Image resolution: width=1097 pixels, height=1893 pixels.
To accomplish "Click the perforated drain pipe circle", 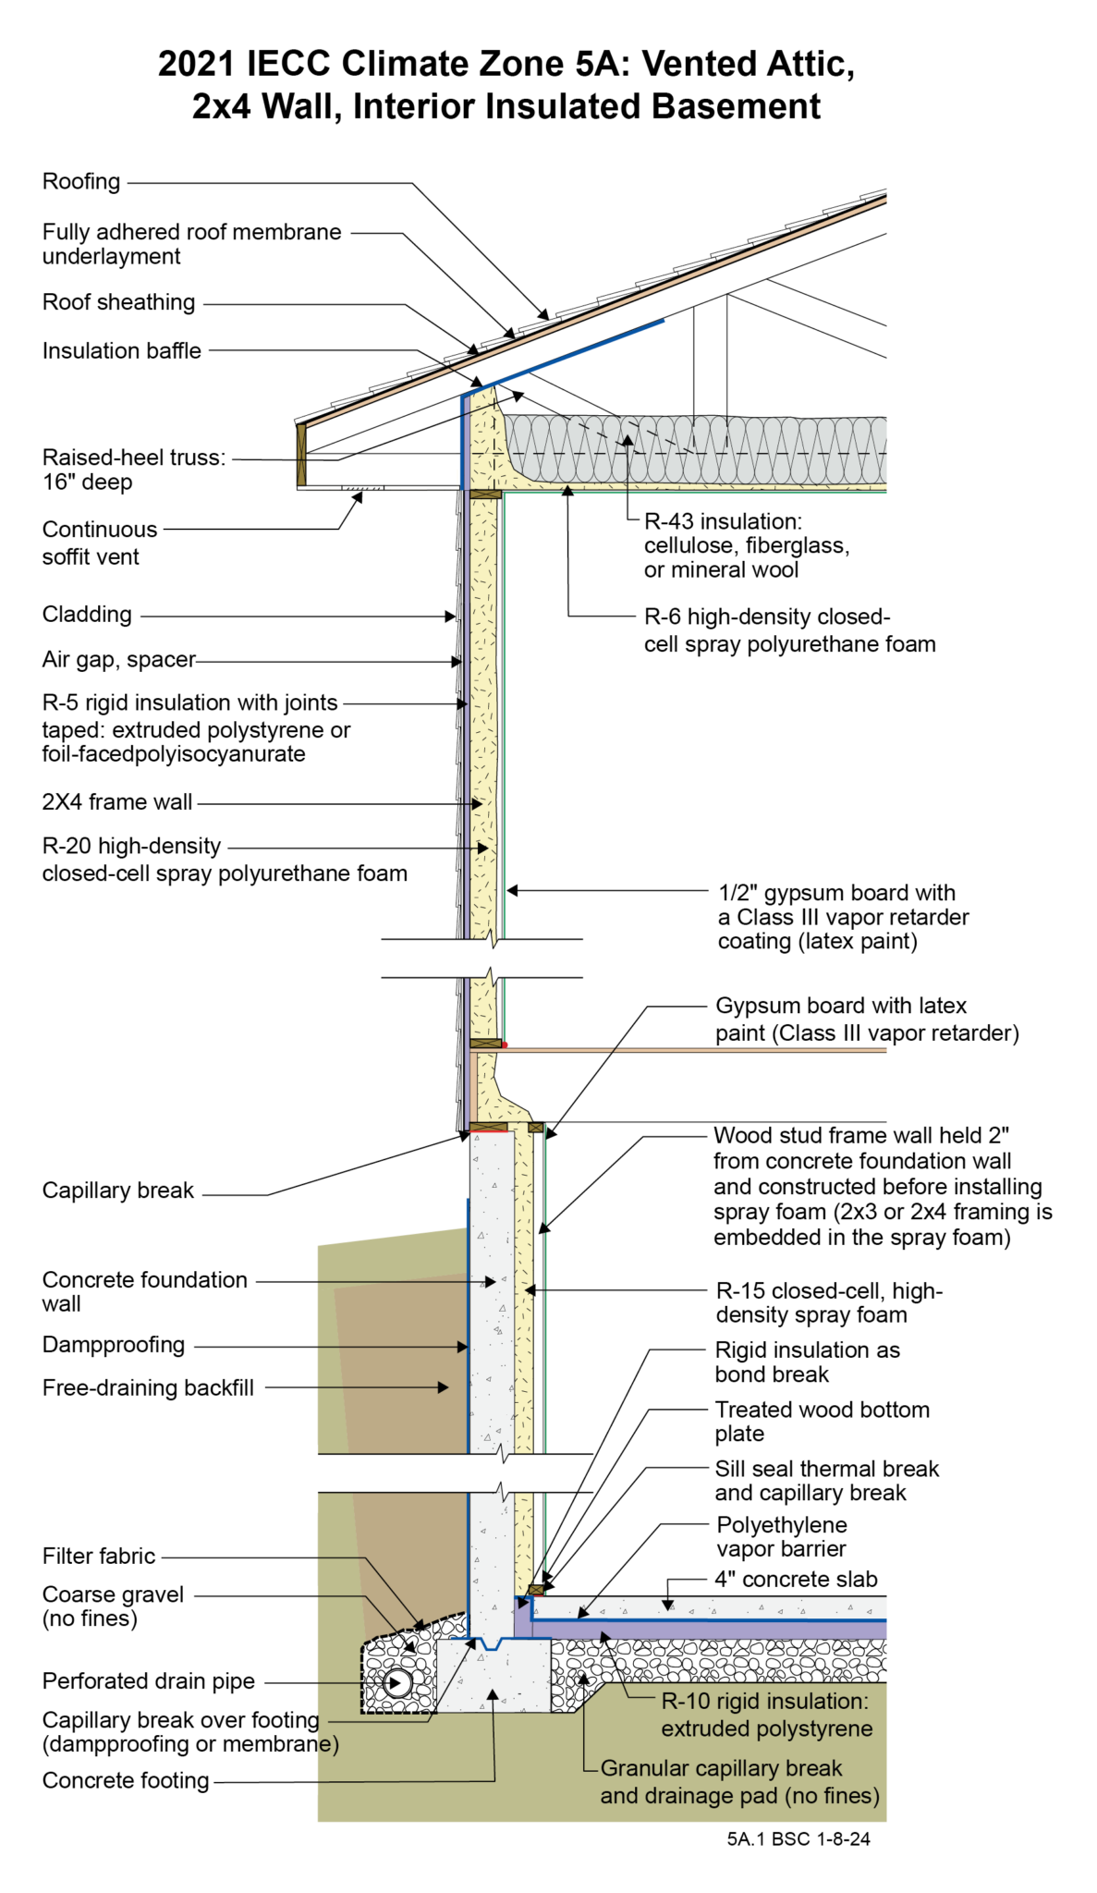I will click(398, 1682).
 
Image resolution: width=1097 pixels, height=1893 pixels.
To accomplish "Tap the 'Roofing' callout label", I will click(81, 182).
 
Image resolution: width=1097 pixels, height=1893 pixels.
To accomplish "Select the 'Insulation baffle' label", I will click(121, 351).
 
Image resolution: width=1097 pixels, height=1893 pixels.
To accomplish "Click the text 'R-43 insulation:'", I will click(723, 521).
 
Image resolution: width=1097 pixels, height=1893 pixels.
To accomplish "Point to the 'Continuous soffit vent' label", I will click(99, 543).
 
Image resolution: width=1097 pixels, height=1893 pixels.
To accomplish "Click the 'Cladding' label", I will click(87, 615).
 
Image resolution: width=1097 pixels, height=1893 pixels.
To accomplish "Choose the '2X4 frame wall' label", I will click(117, 802).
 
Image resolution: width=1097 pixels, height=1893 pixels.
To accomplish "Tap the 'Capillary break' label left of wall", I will click(117, 1191).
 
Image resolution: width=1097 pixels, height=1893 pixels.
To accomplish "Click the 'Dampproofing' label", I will click(114, 1345).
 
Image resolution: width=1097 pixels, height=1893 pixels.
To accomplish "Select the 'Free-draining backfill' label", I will click(148, 1388).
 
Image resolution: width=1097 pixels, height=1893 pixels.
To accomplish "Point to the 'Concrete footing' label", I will click(126, 1780).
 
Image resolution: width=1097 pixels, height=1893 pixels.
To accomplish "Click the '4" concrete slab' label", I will click(796, 1580).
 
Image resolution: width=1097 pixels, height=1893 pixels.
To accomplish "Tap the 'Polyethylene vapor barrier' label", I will click(782, 1537).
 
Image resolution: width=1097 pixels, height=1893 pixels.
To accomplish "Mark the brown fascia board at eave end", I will click(301, 455).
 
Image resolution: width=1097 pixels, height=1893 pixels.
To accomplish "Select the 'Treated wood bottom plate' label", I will click(822, 1422).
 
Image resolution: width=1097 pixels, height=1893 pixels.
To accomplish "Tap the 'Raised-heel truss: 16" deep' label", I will click(133, 470).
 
